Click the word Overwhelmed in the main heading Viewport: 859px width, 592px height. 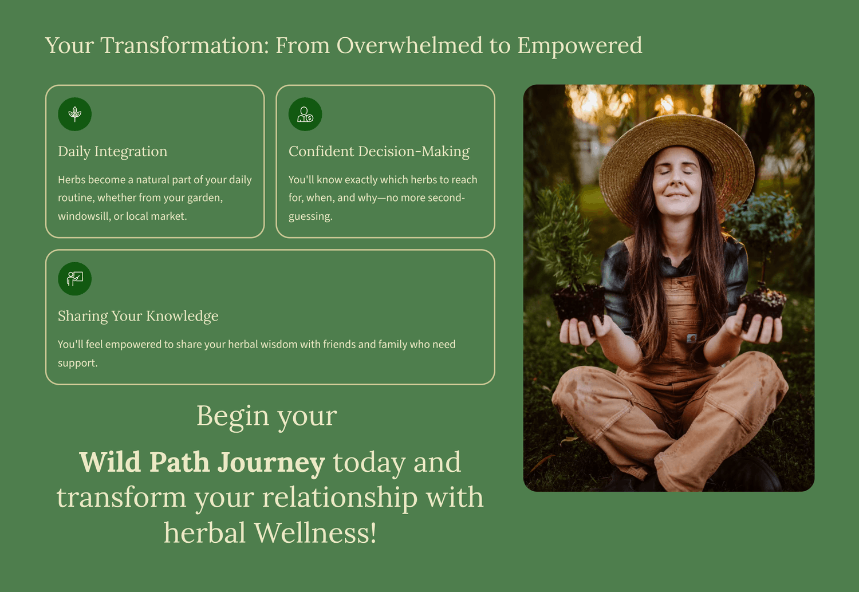point(409,45)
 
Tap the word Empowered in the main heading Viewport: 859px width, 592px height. point(580,46)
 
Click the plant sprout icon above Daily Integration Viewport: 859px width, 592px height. point(75,114)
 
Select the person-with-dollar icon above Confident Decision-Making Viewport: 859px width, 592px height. point(305,115)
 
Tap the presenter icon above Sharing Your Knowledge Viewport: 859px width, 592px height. point(75,279)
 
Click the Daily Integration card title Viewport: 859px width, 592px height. point(113,152)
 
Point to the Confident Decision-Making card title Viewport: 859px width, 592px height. point(379,152)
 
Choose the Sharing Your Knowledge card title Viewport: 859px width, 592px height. point(138,316)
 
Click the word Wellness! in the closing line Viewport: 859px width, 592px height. point(315,533)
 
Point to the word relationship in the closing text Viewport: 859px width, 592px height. point(340,498)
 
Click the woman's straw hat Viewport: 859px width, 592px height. point(677,161)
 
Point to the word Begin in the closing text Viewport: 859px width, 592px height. point(233,416)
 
